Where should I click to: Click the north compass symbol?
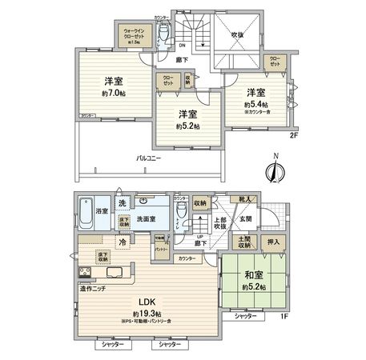tap(276, 170)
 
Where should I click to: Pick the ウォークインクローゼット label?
tap(133, 34)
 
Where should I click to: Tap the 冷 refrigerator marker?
tap(123, 242)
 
